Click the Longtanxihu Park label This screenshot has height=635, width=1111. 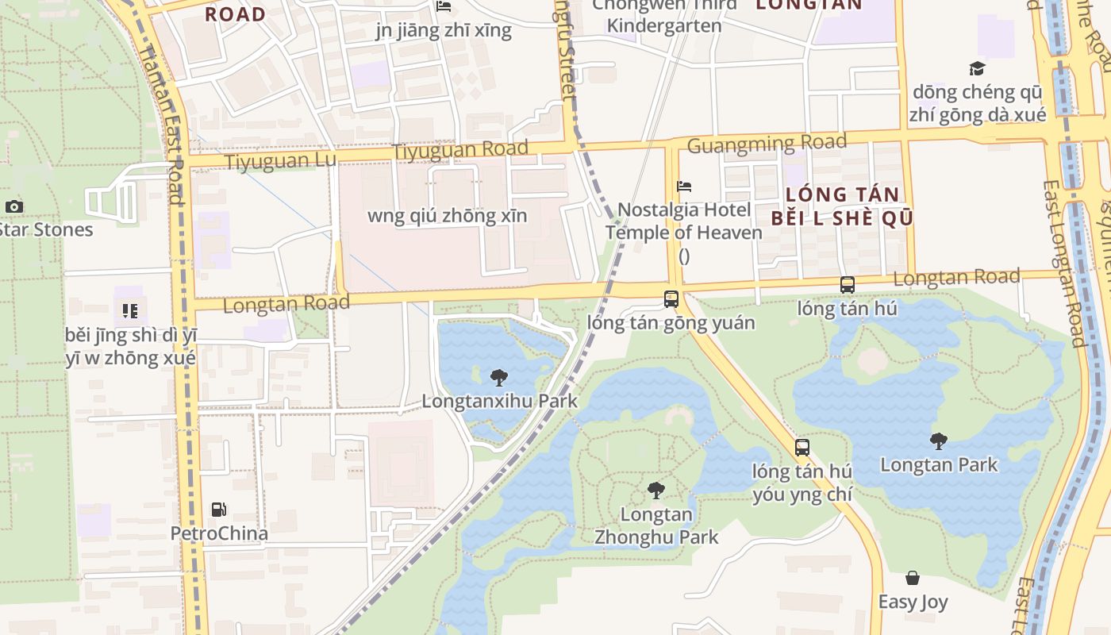(499, 401)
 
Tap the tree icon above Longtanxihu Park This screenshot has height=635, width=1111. (499, 378)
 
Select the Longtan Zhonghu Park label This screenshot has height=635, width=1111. (656, 525)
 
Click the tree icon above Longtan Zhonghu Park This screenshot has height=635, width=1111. (655, 491)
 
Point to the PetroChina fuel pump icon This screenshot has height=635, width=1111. (218, 510)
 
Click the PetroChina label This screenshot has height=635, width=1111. (219, 533)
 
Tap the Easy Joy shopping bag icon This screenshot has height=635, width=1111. (913, 578)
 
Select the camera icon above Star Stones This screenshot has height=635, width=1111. (13, 207)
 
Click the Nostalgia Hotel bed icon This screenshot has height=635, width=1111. (684, 187)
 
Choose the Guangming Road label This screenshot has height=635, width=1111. (767, 144)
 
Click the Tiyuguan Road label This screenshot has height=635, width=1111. (460, 149)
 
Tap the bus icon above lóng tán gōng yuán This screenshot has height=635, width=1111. (671, 299)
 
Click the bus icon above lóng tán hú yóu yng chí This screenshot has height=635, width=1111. (802, 448)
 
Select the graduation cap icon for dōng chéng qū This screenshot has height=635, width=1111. (977, 69)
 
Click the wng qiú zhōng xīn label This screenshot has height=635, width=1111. (447, 216)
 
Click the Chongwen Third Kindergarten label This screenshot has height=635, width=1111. (664, 15)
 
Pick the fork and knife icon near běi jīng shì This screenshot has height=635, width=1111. (130, 310)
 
